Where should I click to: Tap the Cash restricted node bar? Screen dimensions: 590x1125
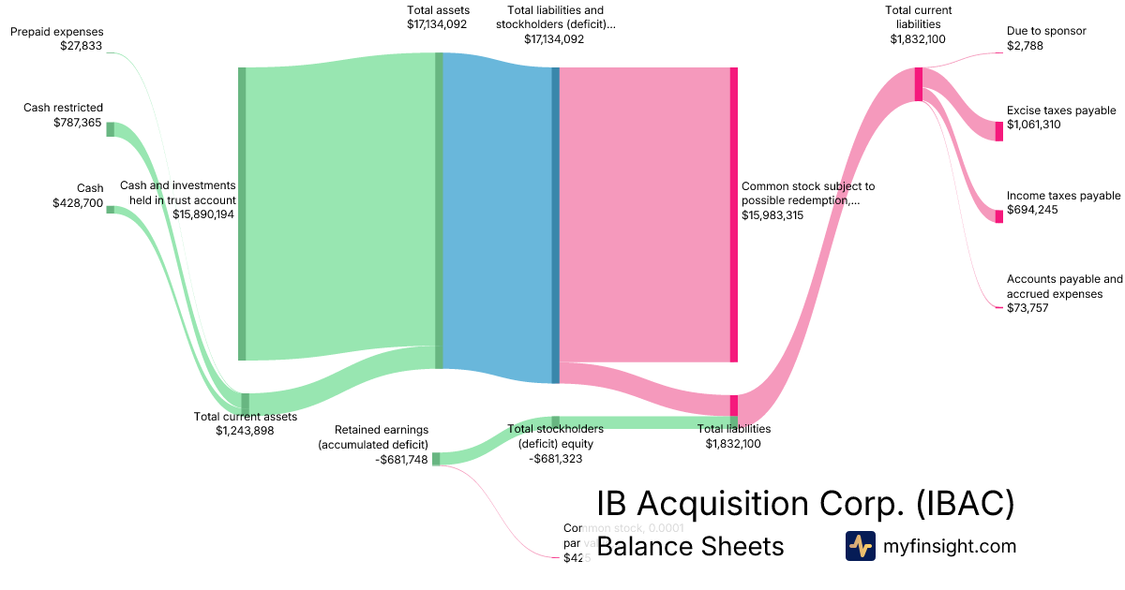(110, 129)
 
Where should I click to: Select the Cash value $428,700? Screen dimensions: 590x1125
(78, 202)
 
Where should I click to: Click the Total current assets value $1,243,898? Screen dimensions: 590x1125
(245, 431)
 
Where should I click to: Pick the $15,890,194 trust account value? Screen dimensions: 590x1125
(203, 214)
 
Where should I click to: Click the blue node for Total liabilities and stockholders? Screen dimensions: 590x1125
(555, 225)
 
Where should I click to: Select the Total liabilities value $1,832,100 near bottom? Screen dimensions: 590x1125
(733, 443)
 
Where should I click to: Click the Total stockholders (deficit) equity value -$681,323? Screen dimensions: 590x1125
(555, 458)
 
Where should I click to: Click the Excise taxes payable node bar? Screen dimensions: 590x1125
(998, 131)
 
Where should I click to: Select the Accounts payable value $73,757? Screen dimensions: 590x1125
(1027, 308)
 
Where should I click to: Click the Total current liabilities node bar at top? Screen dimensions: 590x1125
(919, 84)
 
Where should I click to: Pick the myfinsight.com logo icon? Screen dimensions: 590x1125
(860, 546)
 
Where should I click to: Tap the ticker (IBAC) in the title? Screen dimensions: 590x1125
(965, 503)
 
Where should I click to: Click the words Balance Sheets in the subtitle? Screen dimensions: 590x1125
(690, 546)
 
